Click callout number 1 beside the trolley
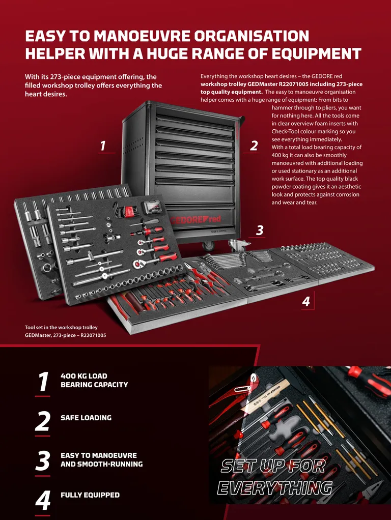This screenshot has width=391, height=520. click(103, 146)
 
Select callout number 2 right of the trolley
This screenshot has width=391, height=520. click(254, 146)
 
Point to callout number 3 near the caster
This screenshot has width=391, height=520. click(260, 230)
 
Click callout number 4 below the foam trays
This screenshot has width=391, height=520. click(306, 301)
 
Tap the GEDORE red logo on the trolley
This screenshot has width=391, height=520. click(196, 219)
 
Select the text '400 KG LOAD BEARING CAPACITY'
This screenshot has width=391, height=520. click(94, 381)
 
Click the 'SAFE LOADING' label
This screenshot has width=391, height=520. click(86, 418)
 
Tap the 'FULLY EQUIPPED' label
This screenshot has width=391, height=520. click(90, 495)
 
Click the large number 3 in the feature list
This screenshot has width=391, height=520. click(43, 460)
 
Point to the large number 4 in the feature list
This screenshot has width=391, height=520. click(43, 500)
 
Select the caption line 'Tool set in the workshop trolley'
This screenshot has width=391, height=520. click(61, 327)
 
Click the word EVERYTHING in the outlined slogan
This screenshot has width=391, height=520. click(275, 487)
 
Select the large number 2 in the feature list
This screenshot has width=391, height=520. click(43, 421)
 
